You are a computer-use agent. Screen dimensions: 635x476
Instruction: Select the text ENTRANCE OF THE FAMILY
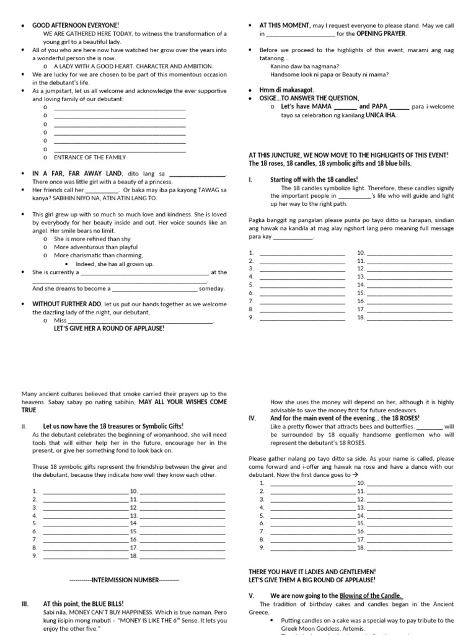coord(89,158)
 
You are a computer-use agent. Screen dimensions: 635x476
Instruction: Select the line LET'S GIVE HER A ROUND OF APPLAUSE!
coord(109,329)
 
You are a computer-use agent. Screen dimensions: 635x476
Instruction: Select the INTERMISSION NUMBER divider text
coord(124,579)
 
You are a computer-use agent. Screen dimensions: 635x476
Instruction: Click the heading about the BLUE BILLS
coord(83,603)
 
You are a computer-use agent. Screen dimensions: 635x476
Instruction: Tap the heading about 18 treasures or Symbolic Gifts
coord(113,426)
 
